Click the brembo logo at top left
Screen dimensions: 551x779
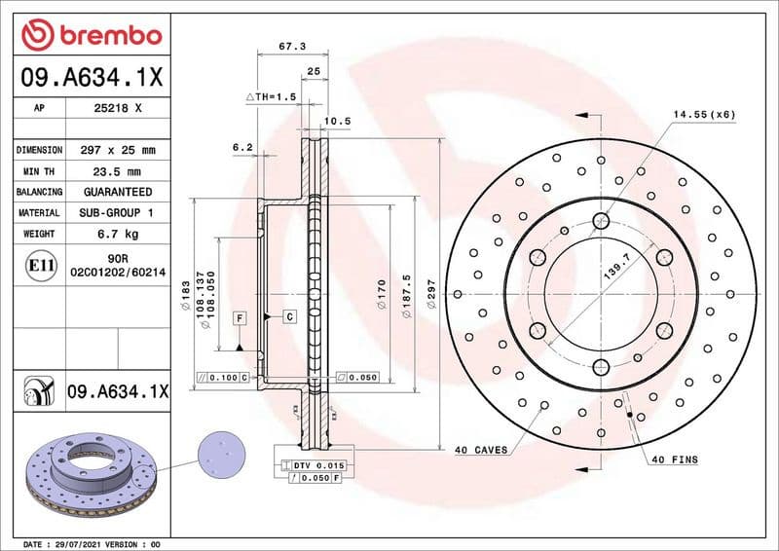point(91,36)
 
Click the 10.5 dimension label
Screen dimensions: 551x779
point(336,121)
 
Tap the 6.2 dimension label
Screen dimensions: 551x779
point(242,147)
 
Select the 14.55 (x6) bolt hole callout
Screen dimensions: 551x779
point(703,114)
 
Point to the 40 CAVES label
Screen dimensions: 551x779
point(482,451)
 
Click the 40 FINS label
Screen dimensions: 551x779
point(675,459)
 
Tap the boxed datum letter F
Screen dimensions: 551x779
point(238,318)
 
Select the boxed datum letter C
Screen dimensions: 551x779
point(289,316)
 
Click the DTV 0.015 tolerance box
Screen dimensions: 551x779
point(314,466)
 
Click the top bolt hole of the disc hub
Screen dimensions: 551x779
point(601,221)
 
